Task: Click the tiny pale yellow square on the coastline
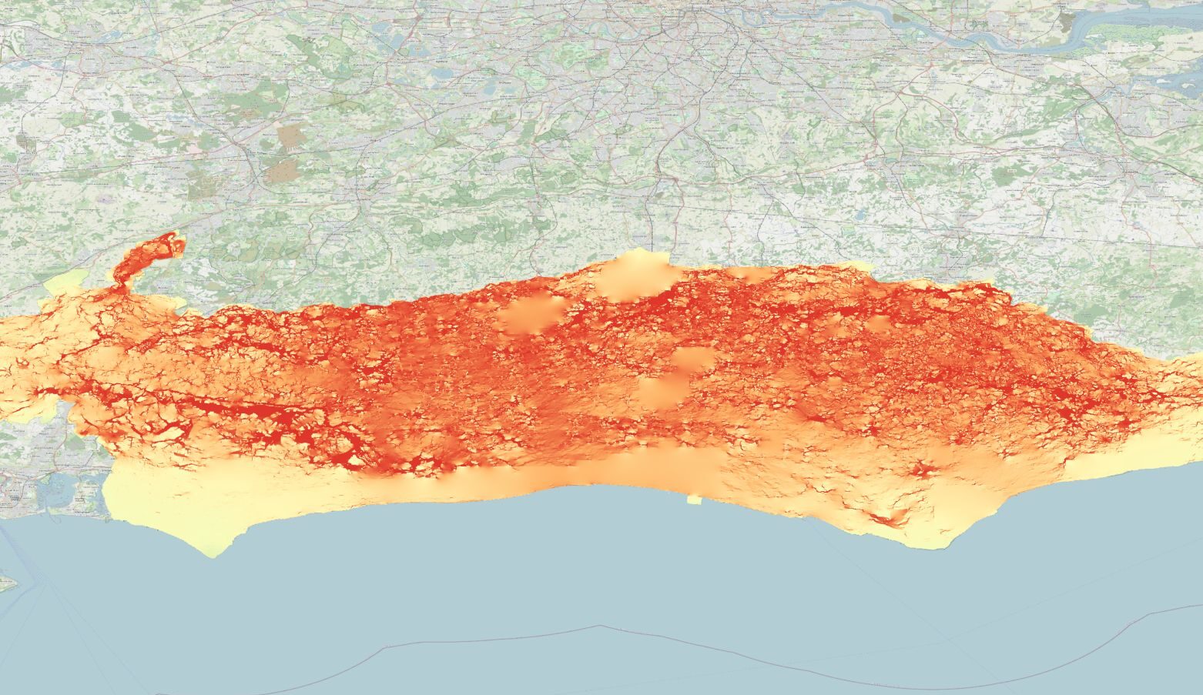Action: (x=694, y=500)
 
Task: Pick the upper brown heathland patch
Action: (x=291, y=135)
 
